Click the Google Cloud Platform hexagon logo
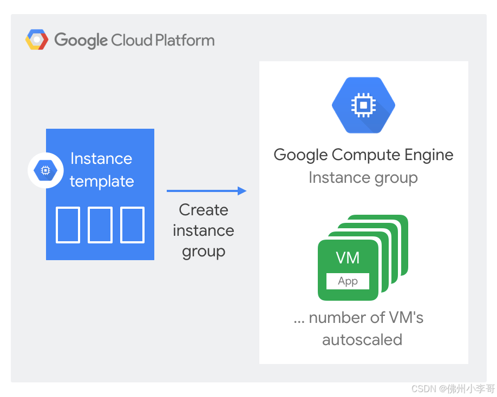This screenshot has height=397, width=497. click(37, 39)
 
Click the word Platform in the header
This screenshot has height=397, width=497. click(185, 41)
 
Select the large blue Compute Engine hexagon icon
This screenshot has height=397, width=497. click(364, 105)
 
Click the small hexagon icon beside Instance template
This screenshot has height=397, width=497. click(45, 170)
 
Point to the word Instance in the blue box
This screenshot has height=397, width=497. click(101, 158)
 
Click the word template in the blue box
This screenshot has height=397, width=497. click(102, 181)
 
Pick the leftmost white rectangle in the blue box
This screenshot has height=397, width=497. click(68, 225)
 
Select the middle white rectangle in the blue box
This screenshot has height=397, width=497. click(100, 225)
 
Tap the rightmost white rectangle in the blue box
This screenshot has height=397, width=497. click(133, 225)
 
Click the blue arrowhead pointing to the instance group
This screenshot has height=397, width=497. click(242, 191)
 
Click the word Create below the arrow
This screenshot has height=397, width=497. click(204, 210)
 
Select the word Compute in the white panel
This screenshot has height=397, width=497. click(366, 155)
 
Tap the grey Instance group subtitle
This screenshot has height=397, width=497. click(363, 178)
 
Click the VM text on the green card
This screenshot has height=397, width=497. click(348, 257)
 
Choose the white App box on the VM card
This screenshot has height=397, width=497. click(348, 281)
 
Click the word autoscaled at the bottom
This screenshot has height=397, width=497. click(362, 340)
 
